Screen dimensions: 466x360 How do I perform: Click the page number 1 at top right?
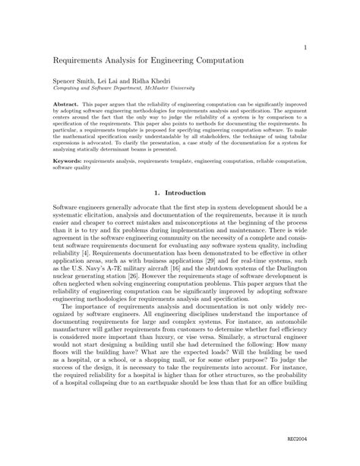(305, 47)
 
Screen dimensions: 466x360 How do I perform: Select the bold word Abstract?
(65, 100)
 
